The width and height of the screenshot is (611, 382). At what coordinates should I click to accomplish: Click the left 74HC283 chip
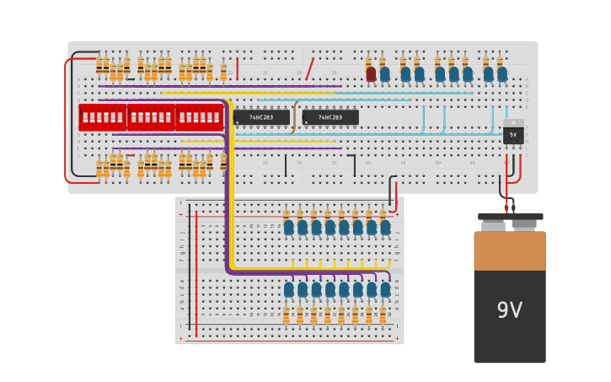pos(261,117)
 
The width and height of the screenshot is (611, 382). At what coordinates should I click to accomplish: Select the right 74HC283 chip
pos(330,117)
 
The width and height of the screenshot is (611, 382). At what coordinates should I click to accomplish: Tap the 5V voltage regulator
pos(512,134)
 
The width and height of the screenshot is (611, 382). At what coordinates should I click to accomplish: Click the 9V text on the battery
pos(509,310)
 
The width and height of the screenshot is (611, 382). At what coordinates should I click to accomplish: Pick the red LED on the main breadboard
pos(371,74)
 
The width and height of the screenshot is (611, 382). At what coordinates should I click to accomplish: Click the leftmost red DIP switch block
pos(102,117)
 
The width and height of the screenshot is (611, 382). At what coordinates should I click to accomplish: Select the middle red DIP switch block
pos(151,117)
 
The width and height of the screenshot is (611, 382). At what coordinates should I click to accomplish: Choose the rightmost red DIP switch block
pos(200,117)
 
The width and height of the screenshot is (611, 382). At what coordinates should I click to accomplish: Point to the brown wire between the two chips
pos(294,117)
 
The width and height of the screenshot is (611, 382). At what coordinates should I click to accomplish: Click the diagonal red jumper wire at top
pos(310,68)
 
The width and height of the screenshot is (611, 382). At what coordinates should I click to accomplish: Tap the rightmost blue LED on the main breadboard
pos(502,74)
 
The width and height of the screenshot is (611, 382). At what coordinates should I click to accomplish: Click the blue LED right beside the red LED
pos(385,74)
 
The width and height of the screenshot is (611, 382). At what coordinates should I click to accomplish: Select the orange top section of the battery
pos(509,250)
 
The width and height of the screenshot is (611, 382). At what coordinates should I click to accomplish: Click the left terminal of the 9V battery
pos(493,225)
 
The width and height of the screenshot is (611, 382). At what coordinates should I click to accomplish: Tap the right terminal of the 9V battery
pos(525,225)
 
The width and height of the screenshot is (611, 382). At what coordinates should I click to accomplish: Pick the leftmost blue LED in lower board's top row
pos(289,227)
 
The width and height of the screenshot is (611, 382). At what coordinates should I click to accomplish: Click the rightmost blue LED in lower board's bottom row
pos(385,289)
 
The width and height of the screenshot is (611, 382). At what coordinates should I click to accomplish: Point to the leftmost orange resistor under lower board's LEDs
pos(287,315)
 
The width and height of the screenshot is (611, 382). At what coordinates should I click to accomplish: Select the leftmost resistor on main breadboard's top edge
pos(99,66)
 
